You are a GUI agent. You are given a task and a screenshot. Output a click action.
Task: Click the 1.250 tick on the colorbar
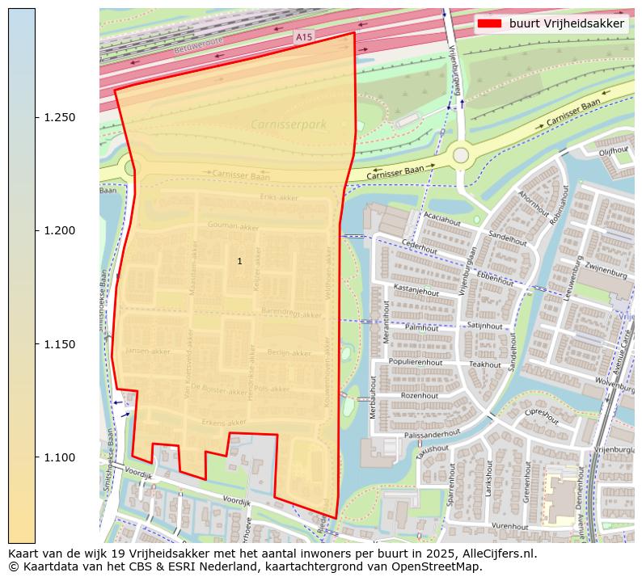36,117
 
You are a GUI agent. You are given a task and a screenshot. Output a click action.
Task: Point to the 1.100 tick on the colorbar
36,457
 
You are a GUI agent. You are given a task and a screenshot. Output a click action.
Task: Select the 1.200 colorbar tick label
59,231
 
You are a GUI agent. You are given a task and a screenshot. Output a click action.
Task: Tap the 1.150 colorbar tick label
59,344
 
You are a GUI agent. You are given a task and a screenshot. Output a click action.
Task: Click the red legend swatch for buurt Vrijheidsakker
490,23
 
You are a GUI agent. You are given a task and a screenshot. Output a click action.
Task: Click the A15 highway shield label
303,37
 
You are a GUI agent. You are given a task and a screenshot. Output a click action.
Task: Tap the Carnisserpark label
289,124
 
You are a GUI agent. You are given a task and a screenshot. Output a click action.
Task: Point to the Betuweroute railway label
198,45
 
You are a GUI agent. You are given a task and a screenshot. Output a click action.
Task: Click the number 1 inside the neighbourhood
239,261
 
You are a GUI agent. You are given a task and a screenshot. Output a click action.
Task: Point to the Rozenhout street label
419,395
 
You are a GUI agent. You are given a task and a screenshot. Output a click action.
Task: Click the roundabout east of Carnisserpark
461,154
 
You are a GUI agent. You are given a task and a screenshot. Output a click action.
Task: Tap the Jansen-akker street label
148,352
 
